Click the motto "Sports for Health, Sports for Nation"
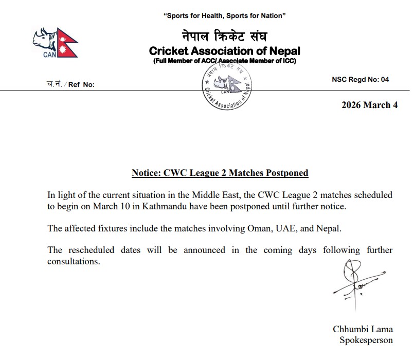[x=224, y=16]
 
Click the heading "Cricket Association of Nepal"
[x=224, y=51]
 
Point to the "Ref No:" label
[x=81, y=85]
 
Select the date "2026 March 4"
[x=369, y=105]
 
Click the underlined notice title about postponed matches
[x=220, y=173]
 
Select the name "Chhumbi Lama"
[x=363, y=329]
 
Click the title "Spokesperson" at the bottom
[x=366, y=340]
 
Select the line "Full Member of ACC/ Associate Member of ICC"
[x=224, y=61]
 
